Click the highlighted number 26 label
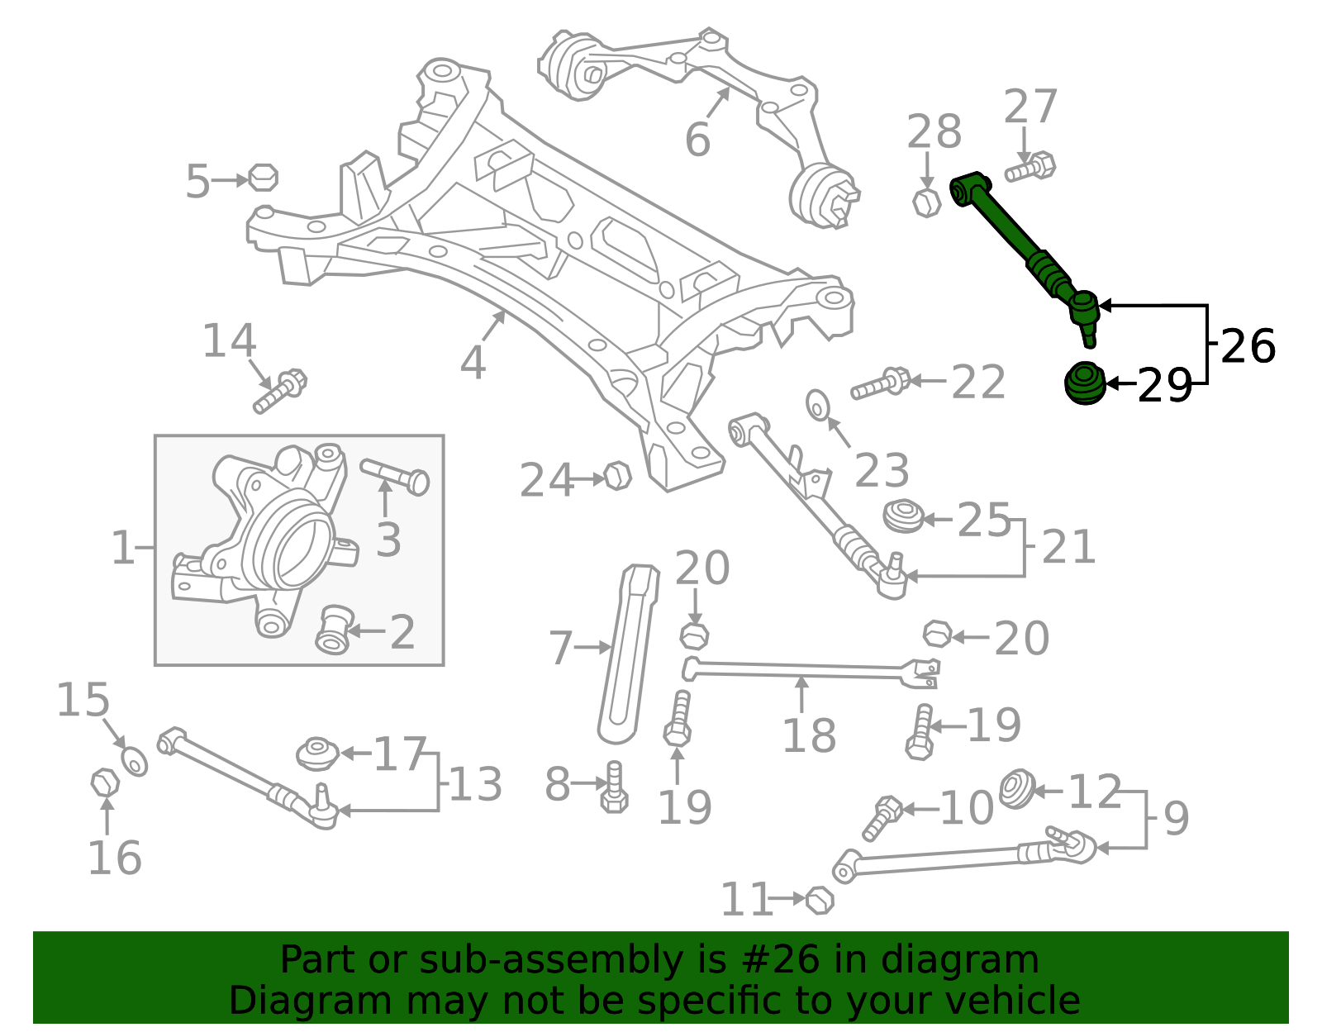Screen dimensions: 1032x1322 1248,346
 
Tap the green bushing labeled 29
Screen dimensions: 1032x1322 1084,383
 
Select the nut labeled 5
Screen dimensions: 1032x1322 263,178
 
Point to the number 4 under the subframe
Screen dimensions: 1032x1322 473,362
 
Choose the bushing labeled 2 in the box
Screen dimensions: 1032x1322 335,630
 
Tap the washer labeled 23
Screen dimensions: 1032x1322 818,405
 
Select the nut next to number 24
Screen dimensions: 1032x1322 617,476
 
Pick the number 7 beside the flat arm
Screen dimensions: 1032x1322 561,648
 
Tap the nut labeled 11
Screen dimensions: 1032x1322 819,900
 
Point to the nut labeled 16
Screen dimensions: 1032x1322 105,782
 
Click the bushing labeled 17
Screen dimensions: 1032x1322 317,753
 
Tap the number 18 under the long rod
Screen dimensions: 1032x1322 809,735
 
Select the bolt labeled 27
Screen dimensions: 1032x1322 1031,168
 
